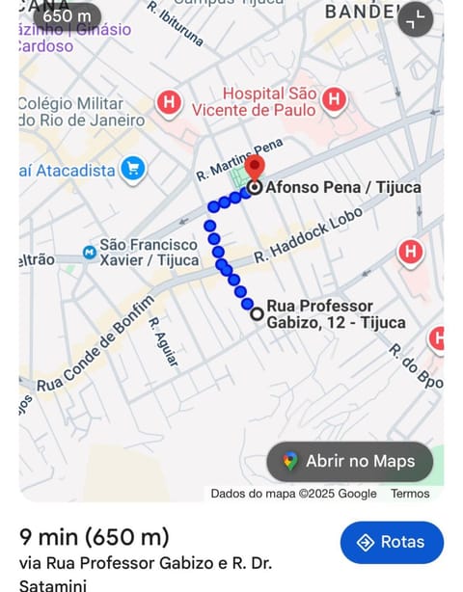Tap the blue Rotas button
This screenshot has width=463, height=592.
click(392, 542)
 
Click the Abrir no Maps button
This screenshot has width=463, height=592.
click(349, 461)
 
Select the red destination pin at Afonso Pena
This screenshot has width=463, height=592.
click(255, 168)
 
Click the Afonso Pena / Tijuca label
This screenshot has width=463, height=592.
click(342, 187)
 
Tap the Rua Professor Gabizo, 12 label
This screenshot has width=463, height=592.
click(335, 314)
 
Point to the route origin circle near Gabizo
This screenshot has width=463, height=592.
click(257, 313)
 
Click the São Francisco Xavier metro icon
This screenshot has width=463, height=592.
click(90, 253)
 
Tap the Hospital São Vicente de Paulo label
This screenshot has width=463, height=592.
click(269, 101)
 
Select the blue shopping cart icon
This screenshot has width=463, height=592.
click(133, 170)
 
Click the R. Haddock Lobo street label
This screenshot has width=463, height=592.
click(308, 235)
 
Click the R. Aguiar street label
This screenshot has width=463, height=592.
click(164, 342)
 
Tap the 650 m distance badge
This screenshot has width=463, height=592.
click(67, 15)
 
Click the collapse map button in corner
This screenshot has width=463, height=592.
click(416, 18)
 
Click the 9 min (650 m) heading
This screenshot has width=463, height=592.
click(95, 536)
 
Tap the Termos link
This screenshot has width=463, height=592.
click(410, 493)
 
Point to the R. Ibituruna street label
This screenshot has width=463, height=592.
click(177, 24)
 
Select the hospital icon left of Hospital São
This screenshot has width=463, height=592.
click(170, 101)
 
